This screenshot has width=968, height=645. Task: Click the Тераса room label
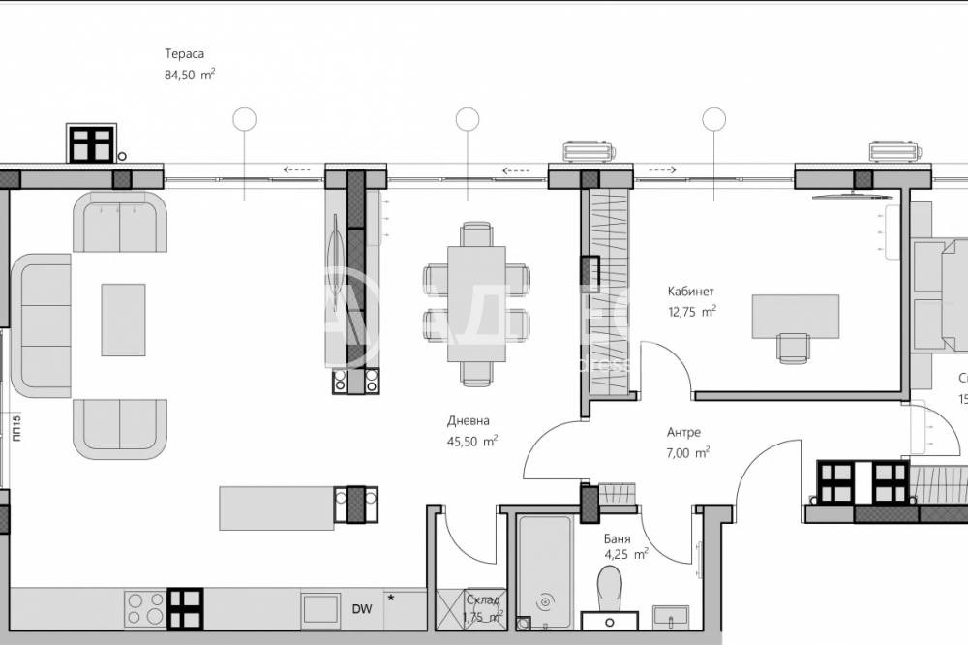coord(185,55)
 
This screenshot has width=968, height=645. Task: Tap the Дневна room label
coord(469,421)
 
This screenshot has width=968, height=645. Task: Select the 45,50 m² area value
coord(473,440)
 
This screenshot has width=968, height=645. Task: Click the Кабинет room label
coord(690,292)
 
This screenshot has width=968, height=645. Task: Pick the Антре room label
coord(683,433)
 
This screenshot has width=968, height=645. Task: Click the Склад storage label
coord(483,600)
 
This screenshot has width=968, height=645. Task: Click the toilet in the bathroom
coord(610,587)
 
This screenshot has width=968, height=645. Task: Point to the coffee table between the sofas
coord(123,319)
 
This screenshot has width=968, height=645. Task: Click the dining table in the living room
coord(476,303)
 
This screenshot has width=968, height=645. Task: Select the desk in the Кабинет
coord(796,316)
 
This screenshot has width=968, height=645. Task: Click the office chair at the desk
coord(793,348)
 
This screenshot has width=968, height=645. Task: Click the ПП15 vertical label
coord(17,429)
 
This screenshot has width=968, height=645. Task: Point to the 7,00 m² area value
coord(688,451)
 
